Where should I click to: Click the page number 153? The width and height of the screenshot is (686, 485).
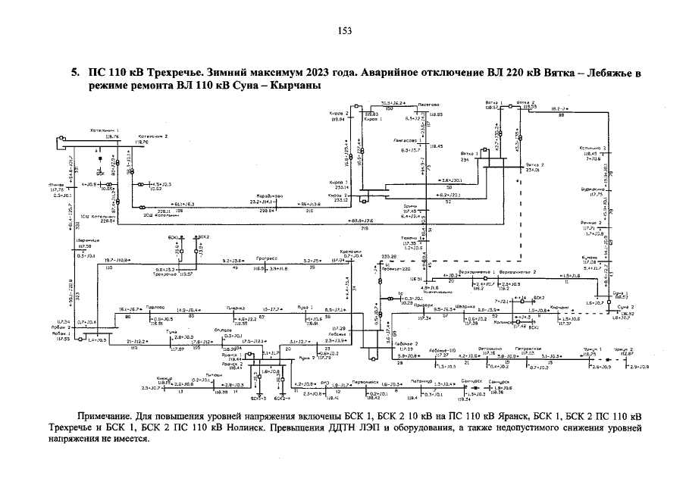tap(343, 31)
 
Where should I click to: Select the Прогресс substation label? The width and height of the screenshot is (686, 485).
tap(269, 259)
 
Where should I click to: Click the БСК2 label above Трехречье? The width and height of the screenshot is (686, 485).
tap(202, 237)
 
